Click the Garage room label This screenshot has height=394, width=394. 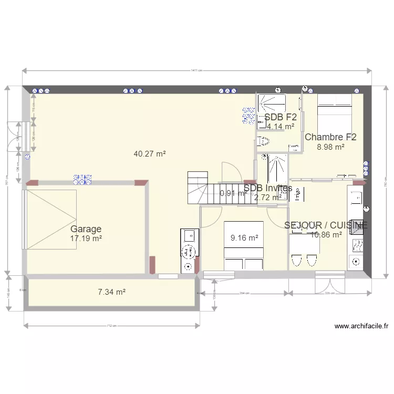point(86,229)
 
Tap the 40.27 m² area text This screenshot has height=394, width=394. point(150,154)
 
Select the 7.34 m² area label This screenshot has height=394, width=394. point(112,292)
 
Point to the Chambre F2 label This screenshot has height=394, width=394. point(330,137)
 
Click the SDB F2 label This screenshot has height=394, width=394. point(281,117)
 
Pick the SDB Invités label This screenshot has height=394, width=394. point(268,188)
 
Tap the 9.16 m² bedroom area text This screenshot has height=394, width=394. point(244,238)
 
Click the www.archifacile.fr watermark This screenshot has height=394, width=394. point(360,326)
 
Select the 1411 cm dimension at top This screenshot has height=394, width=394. point(196,70)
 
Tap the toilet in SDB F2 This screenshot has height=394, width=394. point(263,140)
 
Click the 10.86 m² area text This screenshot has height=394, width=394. point(326,235)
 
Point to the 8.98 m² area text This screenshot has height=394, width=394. point(330,147)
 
